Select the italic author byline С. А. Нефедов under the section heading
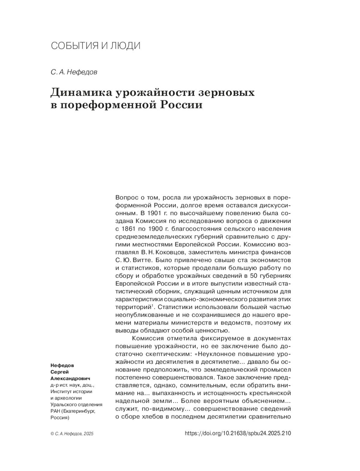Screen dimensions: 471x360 [74, 72]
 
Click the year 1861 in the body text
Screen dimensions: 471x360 [128, 229]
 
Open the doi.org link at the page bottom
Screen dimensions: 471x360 [238, 433]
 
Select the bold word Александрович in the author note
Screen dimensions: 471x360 [70, 378]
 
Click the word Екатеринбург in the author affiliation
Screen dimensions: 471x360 [79, 411]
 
